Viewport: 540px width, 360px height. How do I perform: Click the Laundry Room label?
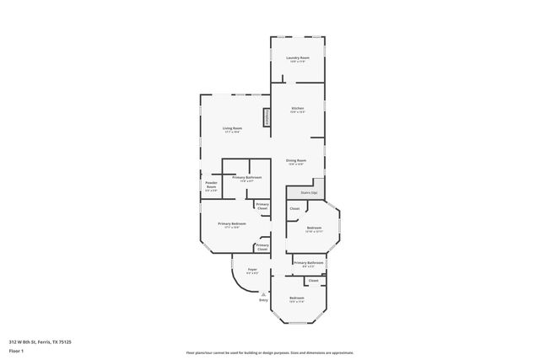pyautogui.click(x=298, y=57)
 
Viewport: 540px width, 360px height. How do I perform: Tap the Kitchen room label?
pyautogui.click(x=298, y=108)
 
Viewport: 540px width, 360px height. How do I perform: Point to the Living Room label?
pyautogui.click(x=232, y=128)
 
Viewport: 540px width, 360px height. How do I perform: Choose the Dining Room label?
pyautogui.click(x=295, y=160)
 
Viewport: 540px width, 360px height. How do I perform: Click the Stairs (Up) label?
pyautogui.click(x=308, y=193)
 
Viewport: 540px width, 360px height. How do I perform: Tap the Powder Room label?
pyautogui.click(x=211, y=185)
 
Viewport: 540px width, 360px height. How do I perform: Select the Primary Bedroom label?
pyautogui.click(x=232, y=223)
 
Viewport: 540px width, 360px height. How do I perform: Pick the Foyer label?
pyautogui.click(x=251, y=270)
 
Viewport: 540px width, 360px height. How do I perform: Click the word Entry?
pyautogui.click(x=263, y=300)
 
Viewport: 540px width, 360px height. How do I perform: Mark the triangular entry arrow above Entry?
pyautogui.click(x=263, y=293)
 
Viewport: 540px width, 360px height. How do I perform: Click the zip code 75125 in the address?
pyautogui.click(x=66, y=341)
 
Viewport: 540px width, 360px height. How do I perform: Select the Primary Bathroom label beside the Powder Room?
pyautogui.click(x=247, y=177)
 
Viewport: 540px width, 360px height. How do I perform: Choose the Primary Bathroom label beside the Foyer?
pyautogui.click(x=310, y=262)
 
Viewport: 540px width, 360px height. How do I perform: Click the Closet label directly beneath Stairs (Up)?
pyautogui.click(x=294, y=208)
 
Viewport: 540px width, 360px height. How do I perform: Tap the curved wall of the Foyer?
pyautogui.click(x=236, y=280)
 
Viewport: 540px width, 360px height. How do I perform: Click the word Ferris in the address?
pyautogui.click(x=46, y=341)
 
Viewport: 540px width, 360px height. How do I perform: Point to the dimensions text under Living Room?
pyautogui.click(x=232, y=132)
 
